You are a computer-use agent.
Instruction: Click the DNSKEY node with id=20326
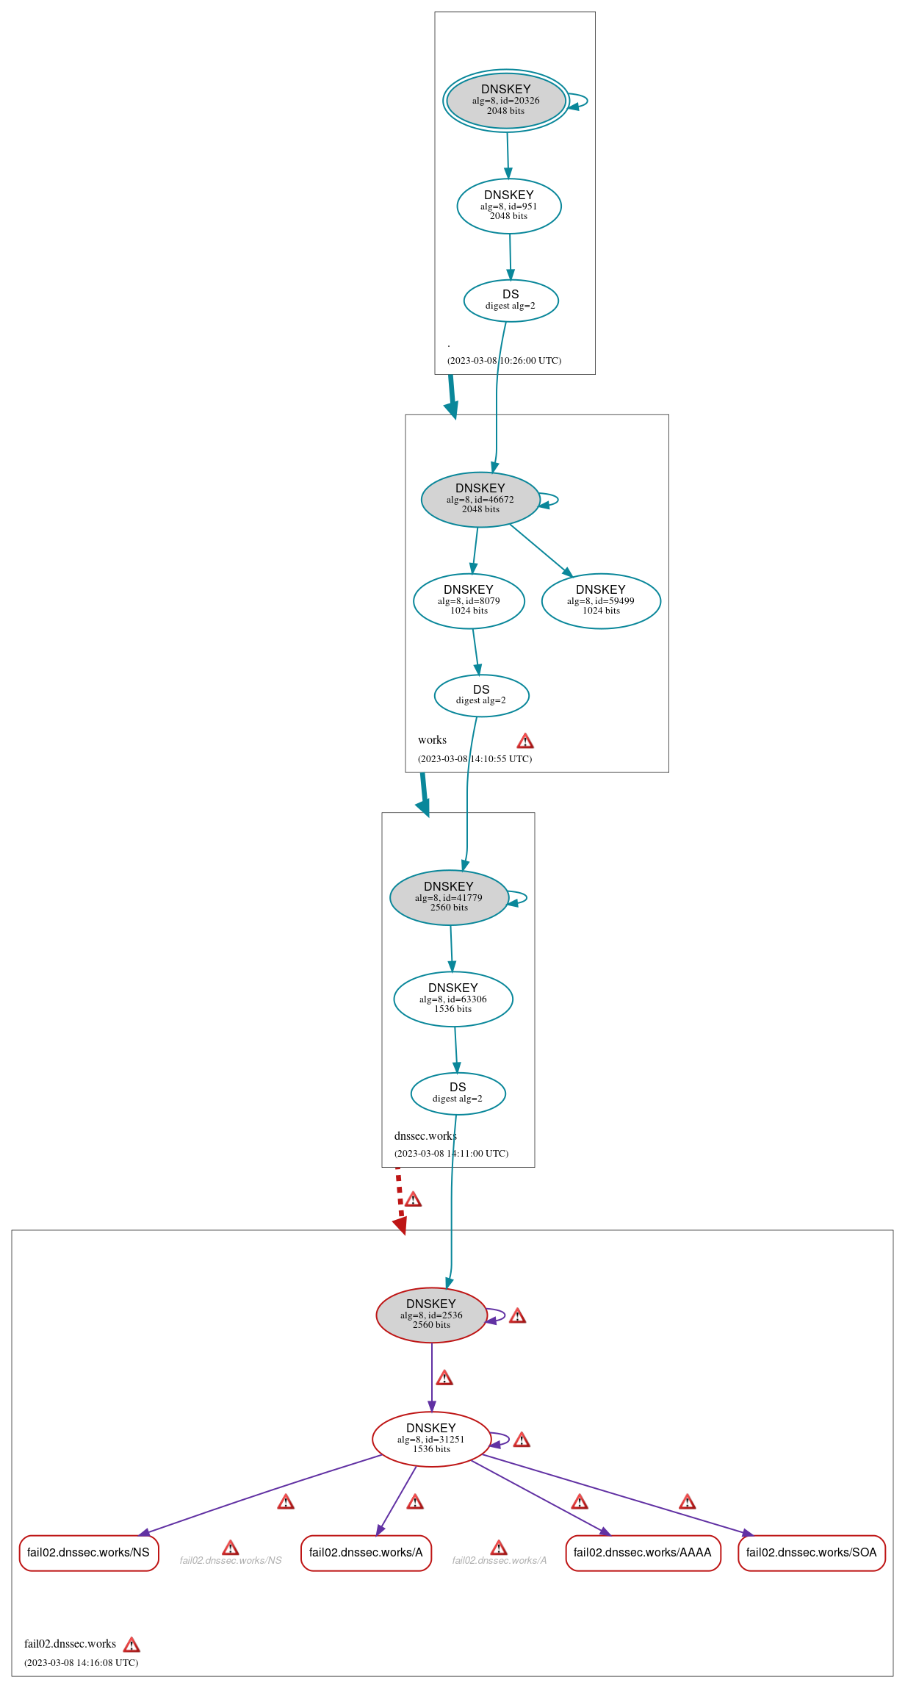pos(505,101)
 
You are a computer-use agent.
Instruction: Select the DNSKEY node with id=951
pos(508,206)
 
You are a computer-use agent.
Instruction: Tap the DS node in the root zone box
pos(511,301)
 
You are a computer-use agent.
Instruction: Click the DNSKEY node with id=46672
pos(480,500)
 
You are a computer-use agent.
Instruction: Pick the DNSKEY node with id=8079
pos(469,601)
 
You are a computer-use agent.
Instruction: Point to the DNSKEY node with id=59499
pos(600,601)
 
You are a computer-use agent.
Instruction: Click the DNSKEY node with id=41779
pos(449,898)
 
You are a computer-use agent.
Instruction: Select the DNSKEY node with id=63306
pos(452,999)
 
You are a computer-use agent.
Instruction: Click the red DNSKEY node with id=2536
pos(431,1315)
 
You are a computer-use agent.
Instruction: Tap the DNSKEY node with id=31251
pos(431,1440)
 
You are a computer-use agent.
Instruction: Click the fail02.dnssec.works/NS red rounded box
pos(88,1553)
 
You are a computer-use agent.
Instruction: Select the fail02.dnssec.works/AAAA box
pos(642,1553)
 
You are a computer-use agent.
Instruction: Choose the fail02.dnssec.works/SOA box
pos(811,1553)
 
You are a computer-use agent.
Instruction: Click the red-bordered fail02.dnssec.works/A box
pos(366,1553)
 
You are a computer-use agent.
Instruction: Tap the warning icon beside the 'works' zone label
pos(525,741)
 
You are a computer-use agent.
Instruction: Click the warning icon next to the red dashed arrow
pos(414,1200)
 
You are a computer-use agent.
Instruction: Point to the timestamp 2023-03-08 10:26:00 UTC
pos(504,361)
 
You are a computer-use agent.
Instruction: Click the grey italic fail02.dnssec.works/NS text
pos(231,1560)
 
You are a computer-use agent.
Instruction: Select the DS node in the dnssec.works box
pos(458,1093)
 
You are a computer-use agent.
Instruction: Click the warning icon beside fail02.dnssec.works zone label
pos(131,1645)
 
